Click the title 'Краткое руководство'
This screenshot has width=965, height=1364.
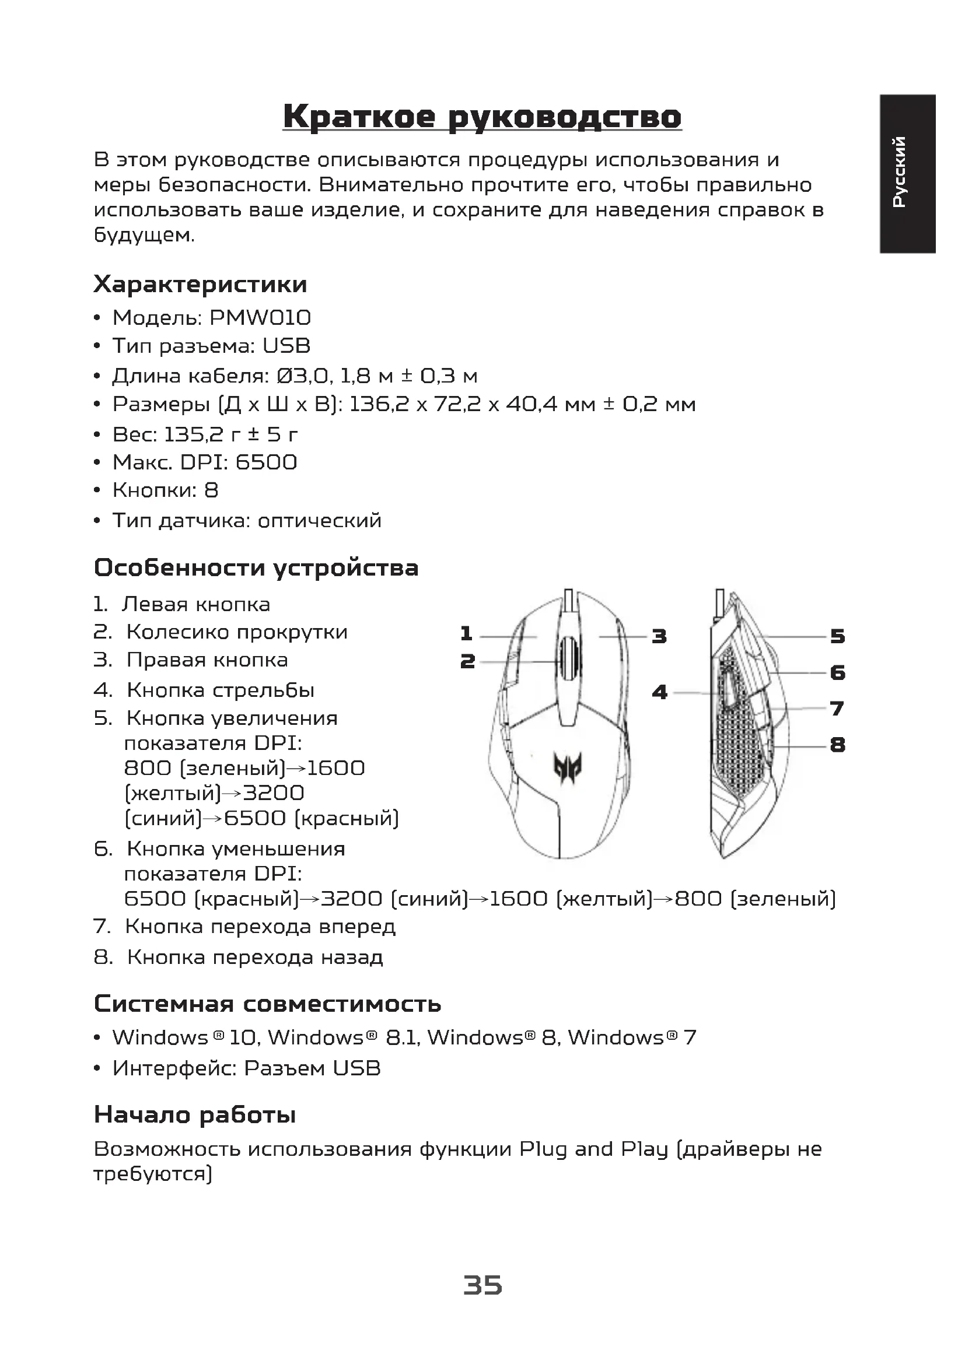[x=482, y=117]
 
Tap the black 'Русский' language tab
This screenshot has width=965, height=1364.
[x=908, y=173]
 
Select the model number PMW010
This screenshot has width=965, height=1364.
[x=260, y=318]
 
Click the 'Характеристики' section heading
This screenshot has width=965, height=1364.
[x=200, y=285]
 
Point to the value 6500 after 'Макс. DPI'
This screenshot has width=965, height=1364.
[x=266, y=462]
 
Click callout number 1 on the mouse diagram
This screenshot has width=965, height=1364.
[x=467, y=634]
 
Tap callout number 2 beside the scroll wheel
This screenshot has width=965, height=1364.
[x=468, y=661]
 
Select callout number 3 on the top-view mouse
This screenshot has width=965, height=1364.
[x=659, y=637]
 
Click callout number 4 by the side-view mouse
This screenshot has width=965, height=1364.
[x=660, y=692]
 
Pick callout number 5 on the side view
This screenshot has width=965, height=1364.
[x=837, y=637]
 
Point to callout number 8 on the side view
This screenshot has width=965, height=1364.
[x=837, y=744]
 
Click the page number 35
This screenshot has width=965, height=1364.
[x=482, y=1285]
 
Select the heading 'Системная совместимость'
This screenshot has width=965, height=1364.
[x=267, y=1004]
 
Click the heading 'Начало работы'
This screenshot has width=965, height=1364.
[x=195, y=1115]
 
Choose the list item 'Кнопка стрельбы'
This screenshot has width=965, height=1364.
[x=221, y=690]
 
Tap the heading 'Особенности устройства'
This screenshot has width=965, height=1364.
[x=256, y=568]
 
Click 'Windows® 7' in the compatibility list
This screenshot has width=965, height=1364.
[x=632, y=1038]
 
